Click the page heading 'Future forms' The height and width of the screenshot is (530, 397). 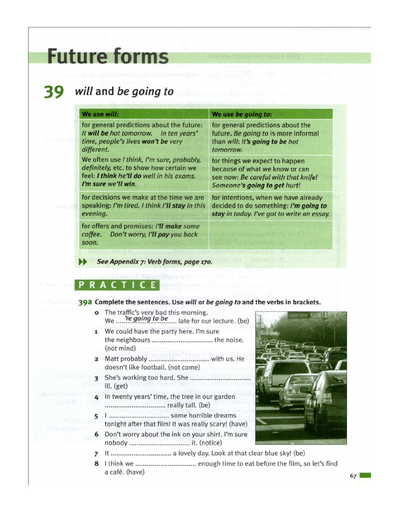click(x=108, y=56)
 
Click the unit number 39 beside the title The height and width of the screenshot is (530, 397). click(x=54, y=93)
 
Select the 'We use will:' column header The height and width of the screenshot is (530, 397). click(x=100, y=114)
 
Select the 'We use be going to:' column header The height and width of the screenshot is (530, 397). click(x=242, y=114)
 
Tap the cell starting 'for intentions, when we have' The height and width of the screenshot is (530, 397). click(x=270, y=205)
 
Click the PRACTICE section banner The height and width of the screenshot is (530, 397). click(x=117, y=285)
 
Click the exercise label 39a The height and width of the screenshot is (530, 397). click(x=85, y=302)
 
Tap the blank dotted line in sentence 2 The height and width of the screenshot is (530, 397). click(x=179, y=359)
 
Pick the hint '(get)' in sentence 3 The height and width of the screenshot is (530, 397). click(x=122, y=386)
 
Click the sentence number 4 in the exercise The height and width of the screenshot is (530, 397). click(x=97, y=397)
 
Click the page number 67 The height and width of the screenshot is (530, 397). click(x=354, y=476)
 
